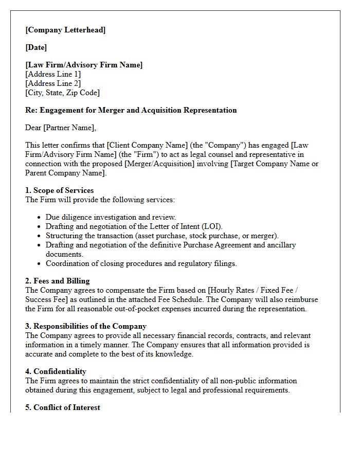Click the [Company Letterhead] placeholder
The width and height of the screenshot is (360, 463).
click(x=65, y=30)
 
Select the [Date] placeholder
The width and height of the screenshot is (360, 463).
click(x=36, y=47)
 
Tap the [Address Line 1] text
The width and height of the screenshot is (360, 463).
click(x=53, y=74)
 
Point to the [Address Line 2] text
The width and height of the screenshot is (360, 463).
click(x=53, y=83)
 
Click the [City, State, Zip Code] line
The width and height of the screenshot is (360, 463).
click(x=62, y=93)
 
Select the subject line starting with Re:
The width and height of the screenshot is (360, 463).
click(x=131, y=110)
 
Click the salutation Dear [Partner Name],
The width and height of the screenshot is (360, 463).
click(x=61, y=128)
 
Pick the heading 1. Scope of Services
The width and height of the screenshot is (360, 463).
click(x=60, y=190)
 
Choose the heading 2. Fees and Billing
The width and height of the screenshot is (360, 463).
click(x=58, y=281)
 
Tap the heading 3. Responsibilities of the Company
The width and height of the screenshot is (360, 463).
click(x=86, y=326)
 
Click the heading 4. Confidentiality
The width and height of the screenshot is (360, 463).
click(x=56, y=371)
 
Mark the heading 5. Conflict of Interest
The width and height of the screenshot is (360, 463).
click(x=63, y=407)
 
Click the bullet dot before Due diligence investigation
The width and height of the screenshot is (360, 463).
click(x=40, y=218)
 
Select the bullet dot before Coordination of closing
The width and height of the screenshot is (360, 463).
click(x=40, y=264)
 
